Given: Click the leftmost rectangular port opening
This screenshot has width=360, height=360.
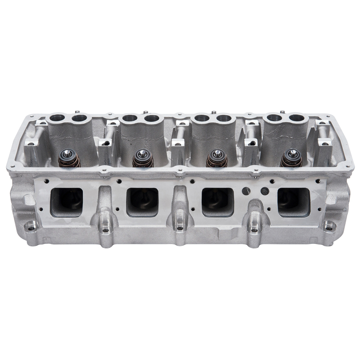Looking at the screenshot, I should (66, 201).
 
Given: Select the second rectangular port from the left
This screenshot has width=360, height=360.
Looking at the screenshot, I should (142, 201).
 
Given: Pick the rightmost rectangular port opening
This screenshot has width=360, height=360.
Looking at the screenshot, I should (293, 201).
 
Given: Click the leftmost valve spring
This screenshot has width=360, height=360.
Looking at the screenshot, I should (68, 158).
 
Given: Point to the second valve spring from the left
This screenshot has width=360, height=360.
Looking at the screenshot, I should (143, 159).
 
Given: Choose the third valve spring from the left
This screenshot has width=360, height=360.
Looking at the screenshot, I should (217, 159).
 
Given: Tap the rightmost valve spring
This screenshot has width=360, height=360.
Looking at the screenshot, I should (291, 158).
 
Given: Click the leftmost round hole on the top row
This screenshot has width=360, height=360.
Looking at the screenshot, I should (58, 119).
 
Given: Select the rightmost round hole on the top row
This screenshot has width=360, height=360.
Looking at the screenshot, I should (297, 119).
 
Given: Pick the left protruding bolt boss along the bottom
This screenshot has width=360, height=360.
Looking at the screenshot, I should (105, 230).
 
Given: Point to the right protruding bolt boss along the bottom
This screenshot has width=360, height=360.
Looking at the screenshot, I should (254, 230).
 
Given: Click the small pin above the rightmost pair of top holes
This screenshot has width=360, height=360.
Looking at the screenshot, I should (281, 111).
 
